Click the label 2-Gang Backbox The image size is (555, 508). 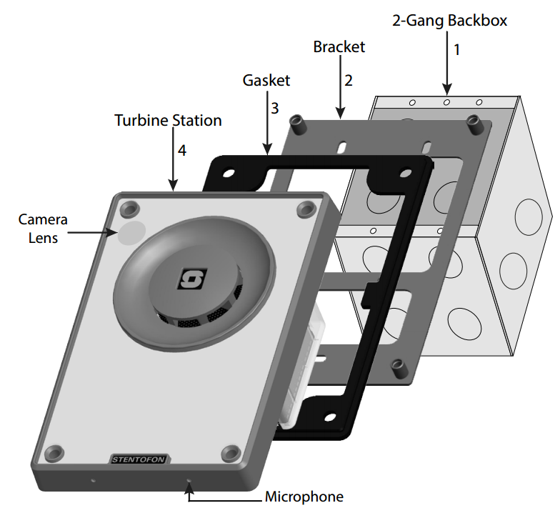[x=449, y=21]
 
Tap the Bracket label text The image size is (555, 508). [x=339, y=47]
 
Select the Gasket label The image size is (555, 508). [x=266, y=81]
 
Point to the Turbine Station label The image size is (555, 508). [x=168, y=120]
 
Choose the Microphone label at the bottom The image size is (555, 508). [x=304, y=496]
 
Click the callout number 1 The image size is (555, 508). [x=457, y=50]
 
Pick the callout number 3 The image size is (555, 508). [x=274, y=109]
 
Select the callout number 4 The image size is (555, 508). [x=182, y=151]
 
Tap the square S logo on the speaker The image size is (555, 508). [x=191, y=277]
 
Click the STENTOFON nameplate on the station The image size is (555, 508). [x=139, y=459]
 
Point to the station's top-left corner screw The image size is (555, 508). [x=130, y=208]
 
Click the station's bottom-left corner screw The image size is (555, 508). [x=54, y=454]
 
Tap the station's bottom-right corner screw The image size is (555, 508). [x=231, y=452]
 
